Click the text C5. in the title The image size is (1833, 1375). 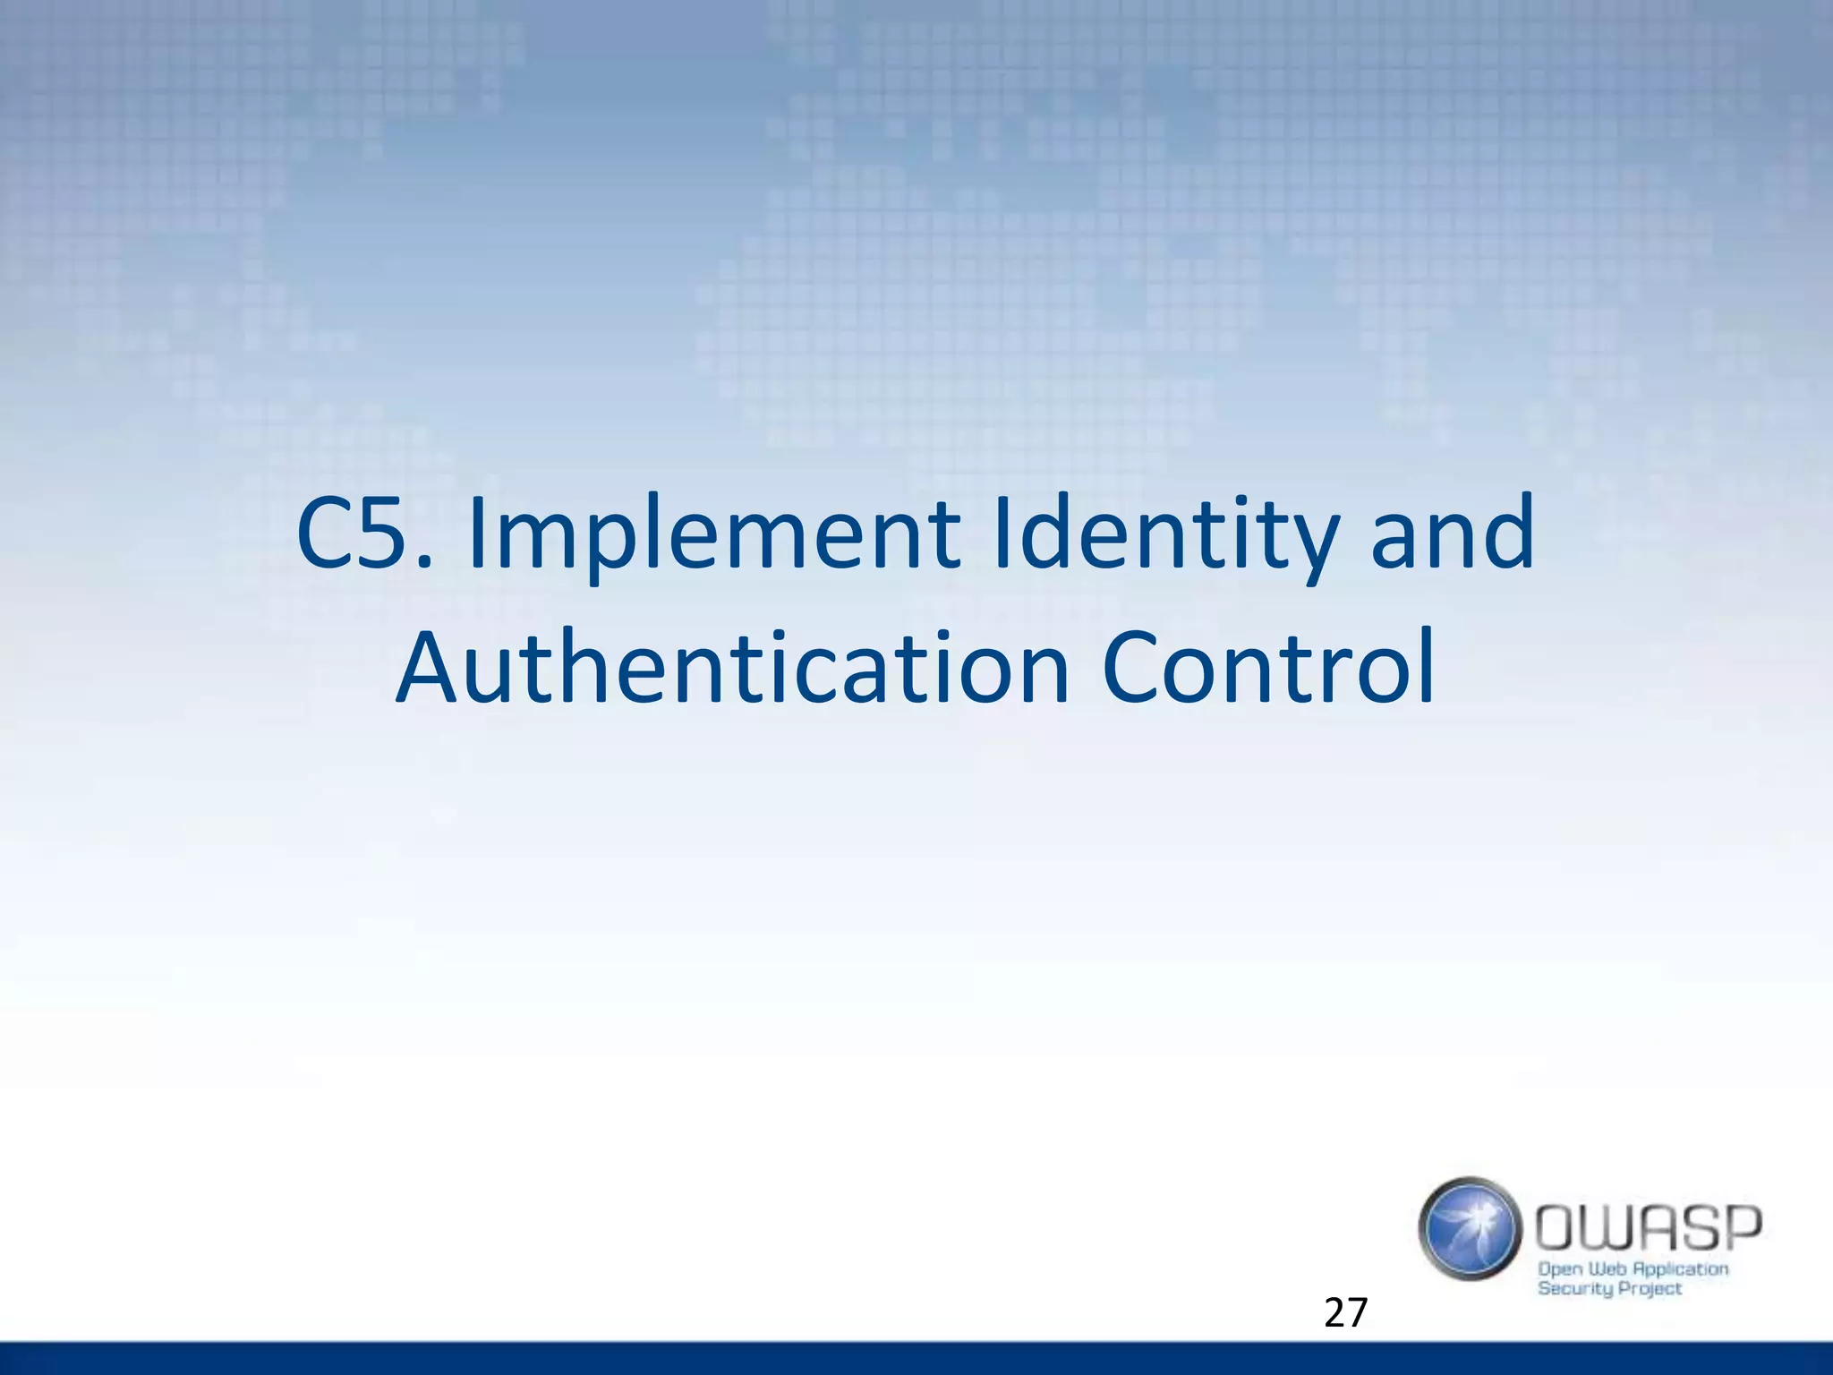(x=365, y=534)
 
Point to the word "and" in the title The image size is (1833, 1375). (x=1453, y=534)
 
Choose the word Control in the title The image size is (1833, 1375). (x=1268, y=668)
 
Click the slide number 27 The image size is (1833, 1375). (x=1345, y=1313)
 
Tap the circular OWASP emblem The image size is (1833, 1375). (x=1470, y=1228)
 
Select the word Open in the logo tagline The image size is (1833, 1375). (x=1559, y=1269)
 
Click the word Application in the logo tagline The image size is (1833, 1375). (x=1680, y=1269)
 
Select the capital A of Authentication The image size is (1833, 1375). (x=427, y=668)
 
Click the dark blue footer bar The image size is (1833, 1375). (x=916, y=1358)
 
